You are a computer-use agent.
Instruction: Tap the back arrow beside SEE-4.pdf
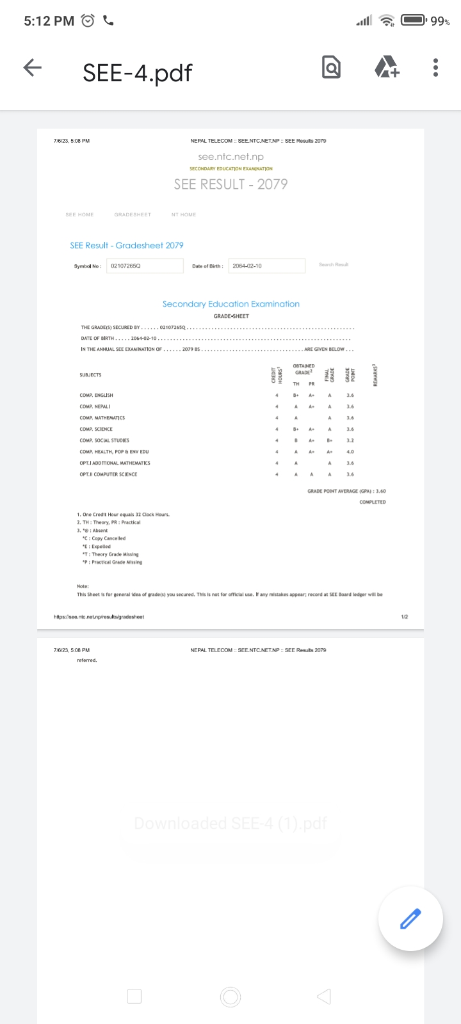click(x=32, y=68)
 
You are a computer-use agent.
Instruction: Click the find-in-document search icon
click(x=331, y=67)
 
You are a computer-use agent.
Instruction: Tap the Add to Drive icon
click(x=386, y=67)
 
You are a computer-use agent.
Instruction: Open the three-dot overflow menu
click(x=435, y=67)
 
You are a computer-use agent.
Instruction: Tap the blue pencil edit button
click(x=410, y=918)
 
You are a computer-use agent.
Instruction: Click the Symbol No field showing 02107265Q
click(x=144, y=266)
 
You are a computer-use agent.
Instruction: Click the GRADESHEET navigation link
click(x=133, y=215)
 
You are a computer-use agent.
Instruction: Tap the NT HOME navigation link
click(x=184, y=215)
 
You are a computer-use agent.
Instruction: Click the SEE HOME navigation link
click(x=79, y=215)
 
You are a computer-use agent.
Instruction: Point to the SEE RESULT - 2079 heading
click(x=230, y=184)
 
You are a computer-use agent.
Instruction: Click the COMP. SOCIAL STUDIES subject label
click(x=104, y=440)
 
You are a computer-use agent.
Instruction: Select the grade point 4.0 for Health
click(x=350, y=452)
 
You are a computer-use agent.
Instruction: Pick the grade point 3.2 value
click(x=350, y=440)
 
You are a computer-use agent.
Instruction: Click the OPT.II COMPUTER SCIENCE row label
click(x=108, y=474)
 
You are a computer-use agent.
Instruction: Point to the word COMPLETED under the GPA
click(x=373, y=502)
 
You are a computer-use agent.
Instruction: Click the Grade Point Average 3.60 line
click(x=346, y=491)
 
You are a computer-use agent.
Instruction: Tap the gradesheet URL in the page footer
click(x=99, y=617)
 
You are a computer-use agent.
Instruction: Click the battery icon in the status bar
click(x=414, y=20)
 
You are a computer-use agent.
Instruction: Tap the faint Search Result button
click(x=334, y=264)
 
